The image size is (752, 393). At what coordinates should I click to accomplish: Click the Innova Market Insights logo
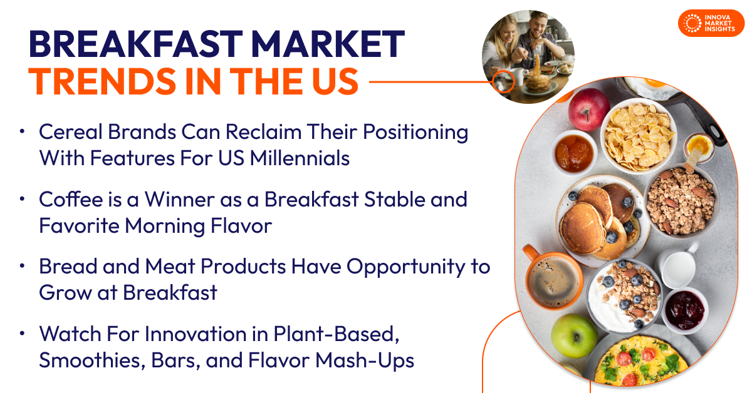coord(711,23)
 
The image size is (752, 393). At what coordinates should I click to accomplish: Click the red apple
coord(588,108)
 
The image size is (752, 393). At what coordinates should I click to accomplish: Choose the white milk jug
coord(679,267)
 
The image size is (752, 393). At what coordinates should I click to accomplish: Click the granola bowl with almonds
coord(681,201)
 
